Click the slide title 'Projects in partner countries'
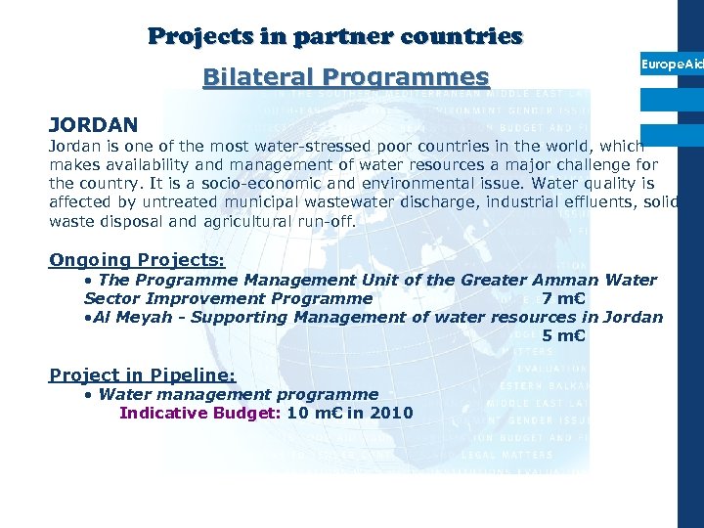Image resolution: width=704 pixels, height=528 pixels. click(x=335, y=37)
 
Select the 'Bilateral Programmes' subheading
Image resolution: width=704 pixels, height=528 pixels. click(x=345, y=76)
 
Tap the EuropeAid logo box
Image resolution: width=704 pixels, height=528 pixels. click(x=672, y=64)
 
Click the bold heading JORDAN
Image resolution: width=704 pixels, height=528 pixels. click(x=94, y=125)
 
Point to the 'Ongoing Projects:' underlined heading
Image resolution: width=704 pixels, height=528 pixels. click(x=137, y=261)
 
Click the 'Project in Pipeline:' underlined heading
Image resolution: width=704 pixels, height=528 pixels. click(x=143, y=374)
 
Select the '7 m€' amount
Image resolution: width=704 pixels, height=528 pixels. click(x=563, y=298)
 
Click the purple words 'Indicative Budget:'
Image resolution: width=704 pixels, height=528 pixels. click(x=200, y=413)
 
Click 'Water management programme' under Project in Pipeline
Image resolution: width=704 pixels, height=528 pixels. click(x=239, y=394)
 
